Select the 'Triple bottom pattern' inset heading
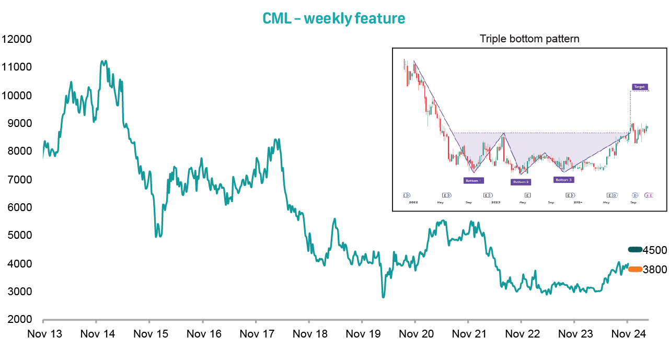(529, 39)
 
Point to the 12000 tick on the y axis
(17, 39)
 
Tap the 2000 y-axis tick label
(19, 320)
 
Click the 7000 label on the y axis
(19, 180)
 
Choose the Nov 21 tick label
(468, 334)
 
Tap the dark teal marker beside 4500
(635, 250)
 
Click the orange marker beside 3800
(635, 269)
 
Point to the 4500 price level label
(655, 250)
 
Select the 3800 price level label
(655, 270)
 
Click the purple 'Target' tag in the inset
(639, 87)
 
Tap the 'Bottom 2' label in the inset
(521, 182)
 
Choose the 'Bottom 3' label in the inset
(564, 180)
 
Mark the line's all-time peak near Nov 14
(103, 61)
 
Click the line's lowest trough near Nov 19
(383, 297)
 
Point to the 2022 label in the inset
(413, 202)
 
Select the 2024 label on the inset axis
(578, 202)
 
